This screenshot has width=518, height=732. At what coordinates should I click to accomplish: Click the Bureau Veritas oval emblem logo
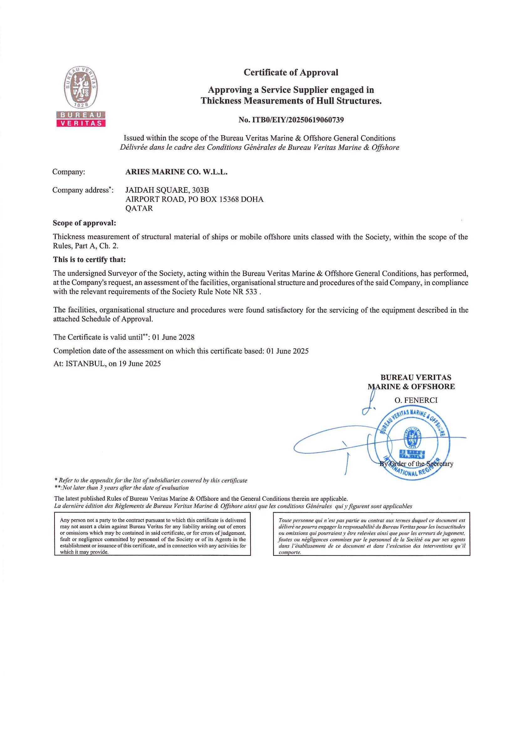81,87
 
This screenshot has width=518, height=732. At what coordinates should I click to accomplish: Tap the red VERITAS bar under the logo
81,123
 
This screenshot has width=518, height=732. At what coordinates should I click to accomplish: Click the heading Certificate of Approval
291,72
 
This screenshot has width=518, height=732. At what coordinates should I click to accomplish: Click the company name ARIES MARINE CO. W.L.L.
176,172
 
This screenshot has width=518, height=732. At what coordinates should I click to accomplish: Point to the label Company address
83,190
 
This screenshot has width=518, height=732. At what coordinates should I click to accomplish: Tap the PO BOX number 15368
227,199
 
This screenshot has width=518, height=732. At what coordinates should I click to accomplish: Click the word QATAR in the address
139,208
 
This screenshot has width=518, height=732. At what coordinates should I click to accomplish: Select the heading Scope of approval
85,223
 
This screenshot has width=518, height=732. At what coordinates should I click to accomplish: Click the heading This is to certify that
90,259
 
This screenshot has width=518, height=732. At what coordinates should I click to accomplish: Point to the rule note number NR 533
245,292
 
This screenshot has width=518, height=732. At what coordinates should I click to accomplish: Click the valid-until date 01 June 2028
173,337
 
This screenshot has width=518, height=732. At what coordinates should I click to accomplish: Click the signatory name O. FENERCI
416,401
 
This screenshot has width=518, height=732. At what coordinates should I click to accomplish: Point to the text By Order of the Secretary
416,463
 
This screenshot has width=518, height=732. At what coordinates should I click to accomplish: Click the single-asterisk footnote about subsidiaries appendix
151,480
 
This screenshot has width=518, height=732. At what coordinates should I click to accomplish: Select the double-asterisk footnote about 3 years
122,488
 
